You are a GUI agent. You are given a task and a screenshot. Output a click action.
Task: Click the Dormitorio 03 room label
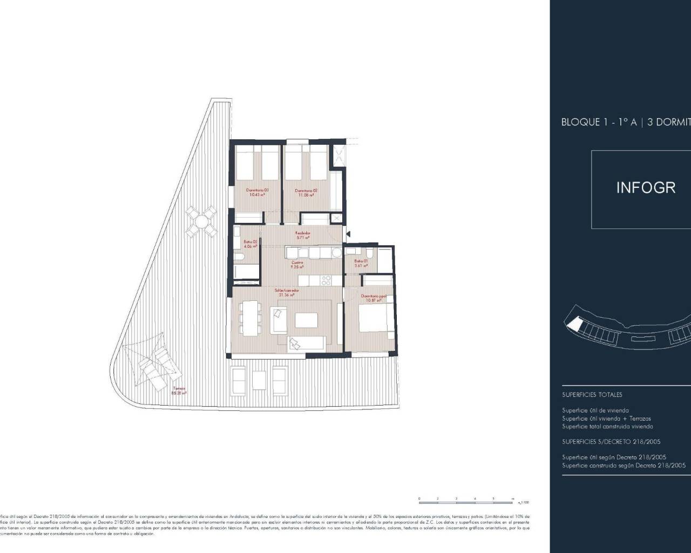click(x=257, y=192)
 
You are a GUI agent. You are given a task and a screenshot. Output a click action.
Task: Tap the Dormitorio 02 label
click(x=306, y=193)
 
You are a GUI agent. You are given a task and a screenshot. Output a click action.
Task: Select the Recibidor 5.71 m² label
click(x=303, y=235)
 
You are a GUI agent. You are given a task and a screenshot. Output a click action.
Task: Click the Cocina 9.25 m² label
click(x=297, y=265)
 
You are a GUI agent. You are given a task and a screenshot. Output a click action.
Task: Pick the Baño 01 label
click(x=361, y=264)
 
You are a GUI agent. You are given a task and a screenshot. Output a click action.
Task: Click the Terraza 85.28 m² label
click(x=179, y=391)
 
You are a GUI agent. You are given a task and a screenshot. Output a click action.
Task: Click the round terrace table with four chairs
click(x=201, y=222)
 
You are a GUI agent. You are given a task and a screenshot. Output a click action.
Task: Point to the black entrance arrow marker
click(x=349, y=234)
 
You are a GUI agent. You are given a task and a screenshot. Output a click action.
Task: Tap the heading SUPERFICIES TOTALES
click(x=592, y=395)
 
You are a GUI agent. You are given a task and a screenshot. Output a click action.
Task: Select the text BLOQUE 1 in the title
click(x=581, y=122)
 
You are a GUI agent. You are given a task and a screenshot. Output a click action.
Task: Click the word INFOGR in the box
click(x=646, y=188)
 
